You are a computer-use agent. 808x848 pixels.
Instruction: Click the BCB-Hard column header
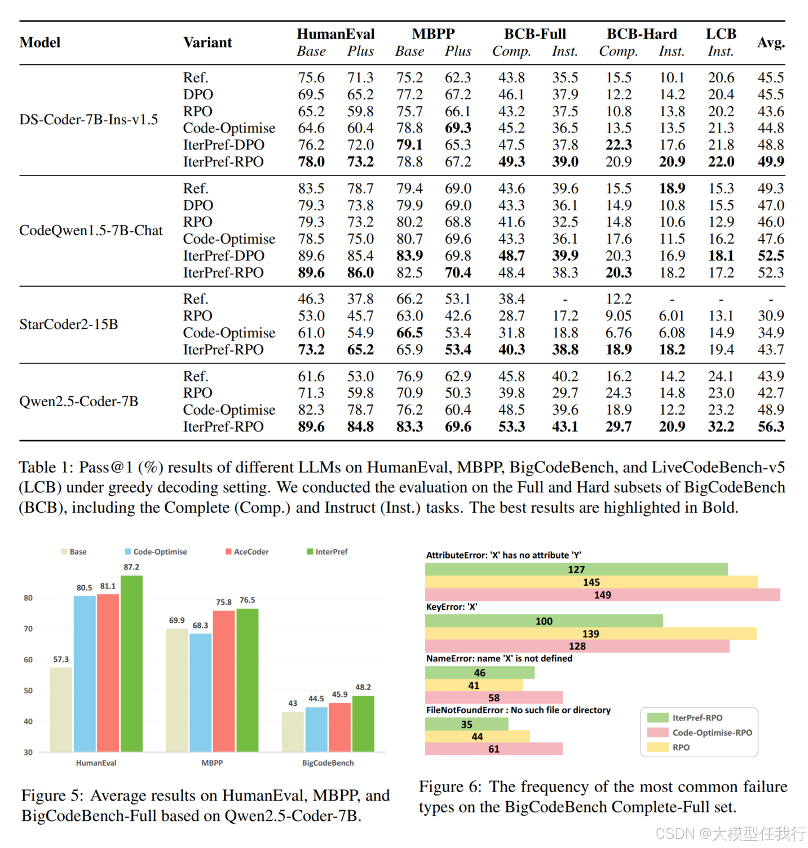pos(642,34)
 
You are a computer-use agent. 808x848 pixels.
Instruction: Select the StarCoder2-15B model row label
pos(68,324)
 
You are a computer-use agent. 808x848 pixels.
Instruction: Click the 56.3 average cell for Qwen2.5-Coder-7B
pos(770,427)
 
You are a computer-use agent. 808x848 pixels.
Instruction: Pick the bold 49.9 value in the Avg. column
pos(770,162)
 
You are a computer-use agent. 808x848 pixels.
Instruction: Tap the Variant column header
pos(207,42)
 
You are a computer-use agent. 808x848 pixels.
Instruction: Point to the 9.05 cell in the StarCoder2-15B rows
pos(618,316)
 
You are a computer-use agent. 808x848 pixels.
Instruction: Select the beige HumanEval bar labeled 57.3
pos(61,709)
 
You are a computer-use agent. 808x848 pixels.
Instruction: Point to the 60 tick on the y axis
pos(28,660)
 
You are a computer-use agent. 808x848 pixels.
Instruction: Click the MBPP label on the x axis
pos(212,763)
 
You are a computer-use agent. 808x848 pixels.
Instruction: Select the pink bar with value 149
pos(602,595)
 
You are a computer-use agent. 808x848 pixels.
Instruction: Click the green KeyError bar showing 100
pos(544,621)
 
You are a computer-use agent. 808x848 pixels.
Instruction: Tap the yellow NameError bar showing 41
pos(474,686)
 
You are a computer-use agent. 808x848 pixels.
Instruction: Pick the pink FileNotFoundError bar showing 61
pos(493,749)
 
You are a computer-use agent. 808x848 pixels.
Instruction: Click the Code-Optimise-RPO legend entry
pos(712,732)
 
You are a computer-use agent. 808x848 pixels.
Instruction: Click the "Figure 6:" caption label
pos(450,787)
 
